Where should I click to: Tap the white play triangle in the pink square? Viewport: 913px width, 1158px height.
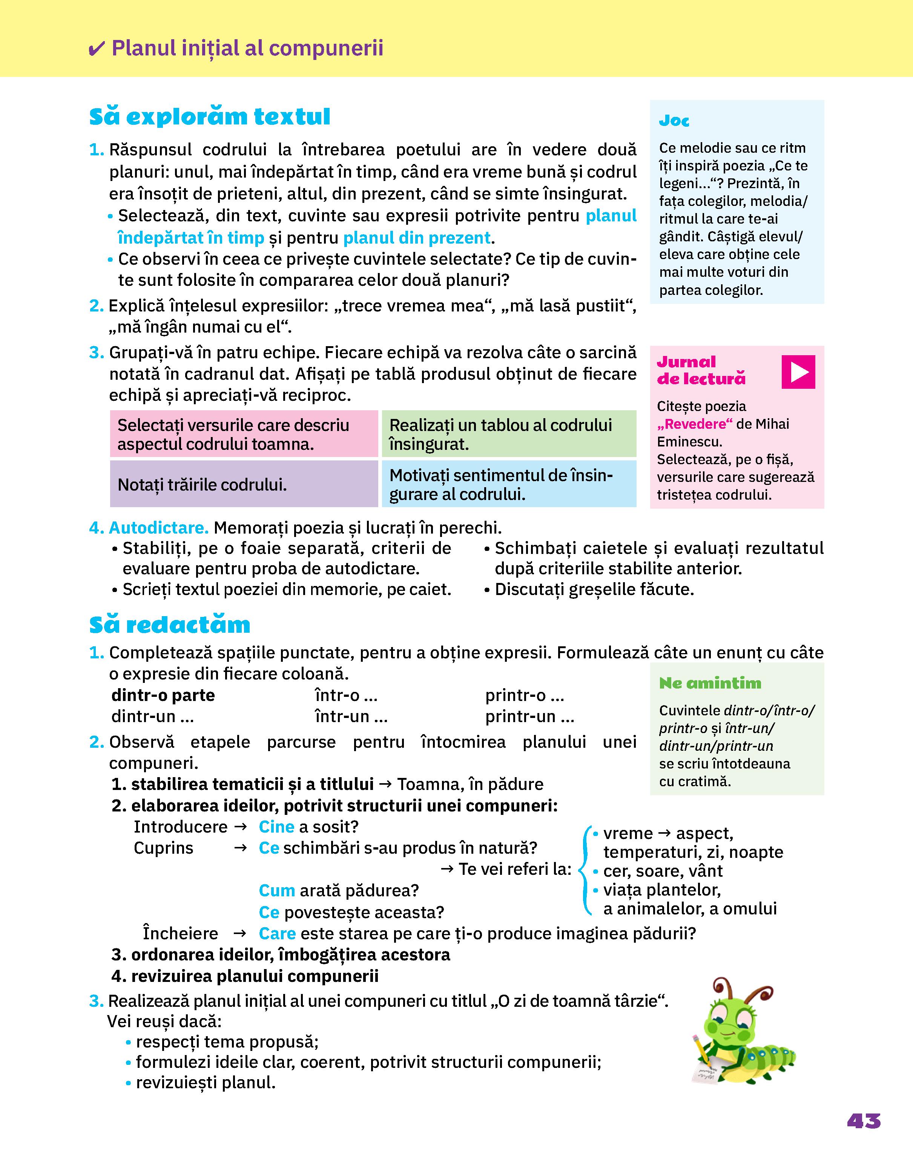[799, 371]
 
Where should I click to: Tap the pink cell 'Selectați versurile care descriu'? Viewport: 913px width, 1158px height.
[244, 434]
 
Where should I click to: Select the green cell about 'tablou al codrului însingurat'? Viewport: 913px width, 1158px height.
[508, 434]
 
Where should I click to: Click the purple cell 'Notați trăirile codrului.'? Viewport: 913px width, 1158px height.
[244, 484]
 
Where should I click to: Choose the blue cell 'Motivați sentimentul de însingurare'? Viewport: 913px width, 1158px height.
[508, 484]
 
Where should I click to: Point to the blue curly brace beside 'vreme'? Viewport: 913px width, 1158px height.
[586, 871]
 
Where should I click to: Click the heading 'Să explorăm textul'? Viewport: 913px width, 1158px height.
[210, 117]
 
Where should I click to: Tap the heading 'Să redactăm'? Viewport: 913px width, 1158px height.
[169, 625]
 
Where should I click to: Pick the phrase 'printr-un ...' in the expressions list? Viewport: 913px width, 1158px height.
[529, 716]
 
